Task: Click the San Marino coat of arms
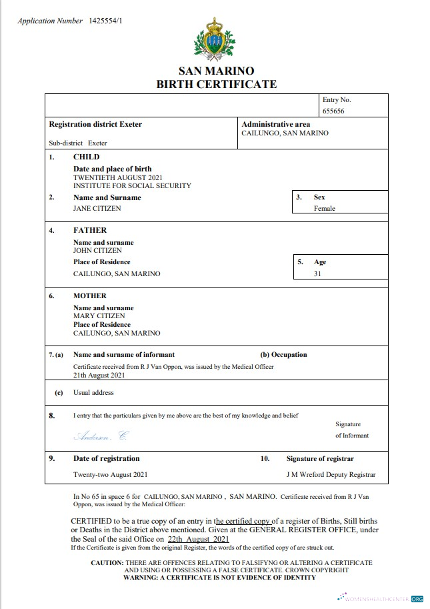click(x=215, y=39)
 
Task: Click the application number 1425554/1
click(x=105, y=21)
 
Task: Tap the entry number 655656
click(x=333, y=111)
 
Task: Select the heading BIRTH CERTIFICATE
click(x=216, y=84)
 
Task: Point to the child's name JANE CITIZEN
click(x=97, y=208)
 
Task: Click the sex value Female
click(x=325, y=208)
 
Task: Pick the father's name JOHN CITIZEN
click(x=97, y=250)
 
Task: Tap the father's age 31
click(x=318, y=273)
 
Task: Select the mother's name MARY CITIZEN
click(x=99, y=316)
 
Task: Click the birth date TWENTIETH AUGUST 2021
click(x=117, y=178)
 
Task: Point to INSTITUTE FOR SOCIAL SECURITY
click(x=132, y=186)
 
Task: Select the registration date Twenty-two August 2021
click(x=110, y=475)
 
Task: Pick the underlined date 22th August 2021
click(x=199, y=539)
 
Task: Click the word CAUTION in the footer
click(x=107, y=563)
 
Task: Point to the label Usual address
click(x=93, y=393)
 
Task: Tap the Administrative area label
click(x=276, y=124)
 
